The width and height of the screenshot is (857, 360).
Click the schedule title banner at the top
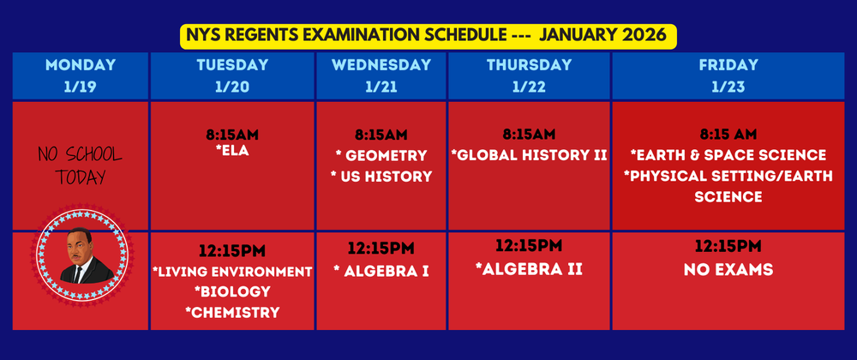(428, 36)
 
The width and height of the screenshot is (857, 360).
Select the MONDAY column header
(81, 65)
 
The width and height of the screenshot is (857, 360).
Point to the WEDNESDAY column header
(381, 65)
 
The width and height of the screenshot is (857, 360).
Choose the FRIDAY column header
(728, 65)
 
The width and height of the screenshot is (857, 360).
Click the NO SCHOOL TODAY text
(81, 166)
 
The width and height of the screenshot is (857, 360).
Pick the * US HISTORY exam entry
(381, 177)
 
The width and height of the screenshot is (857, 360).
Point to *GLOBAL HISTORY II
(529, 156)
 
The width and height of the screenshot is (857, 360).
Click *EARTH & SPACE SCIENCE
(728, 155)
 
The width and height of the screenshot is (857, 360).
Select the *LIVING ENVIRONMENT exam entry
(232, 272)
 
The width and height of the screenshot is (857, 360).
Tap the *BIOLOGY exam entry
(232, 292)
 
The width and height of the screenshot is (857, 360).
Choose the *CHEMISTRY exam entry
(232, 313)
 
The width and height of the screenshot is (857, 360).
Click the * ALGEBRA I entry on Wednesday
(381, 272)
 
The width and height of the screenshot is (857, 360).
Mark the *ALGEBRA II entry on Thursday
(529, 269)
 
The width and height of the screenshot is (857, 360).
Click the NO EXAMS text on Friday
(728, 270)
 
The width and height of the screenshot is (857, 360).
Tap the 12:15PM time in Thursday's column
(529, 246)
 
